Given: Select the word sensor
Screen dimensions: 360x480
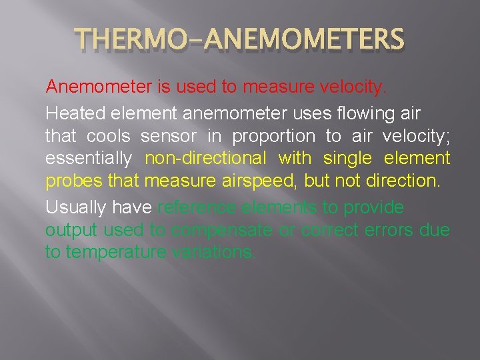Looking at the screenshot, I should [169, 136].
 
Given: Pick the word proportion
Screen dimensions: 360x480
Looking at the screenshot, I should [273, 137].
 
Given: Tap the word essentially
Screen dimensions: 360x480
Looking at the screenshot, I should [87, 159].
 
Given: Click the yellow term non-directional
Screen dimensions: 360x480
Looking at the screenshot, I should [205, 159].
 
